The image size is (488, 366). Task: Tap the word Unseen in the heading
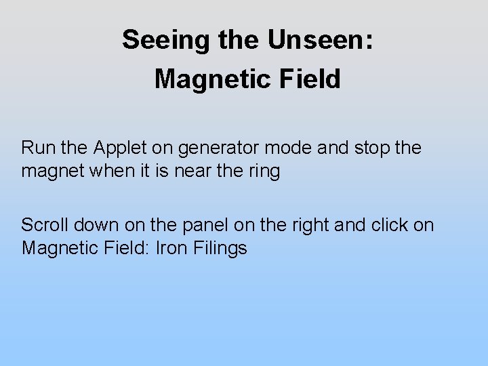[320, 40]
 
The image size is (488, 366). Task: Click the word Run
[37, 147]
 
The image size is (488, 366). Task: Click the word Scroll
[45, 224]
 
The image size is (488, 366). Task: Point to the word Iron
[173, 248]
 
